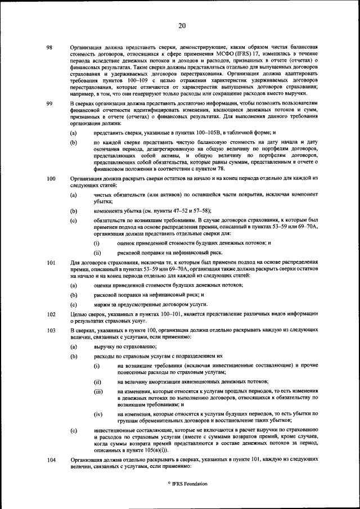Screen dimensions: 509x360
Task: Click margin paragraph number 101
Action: tap(51, 263)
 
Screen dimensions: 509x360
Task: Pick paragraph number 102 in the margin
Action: tap(51, 315)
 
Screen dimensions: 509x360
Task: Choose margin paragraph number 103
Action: tap(51, 331)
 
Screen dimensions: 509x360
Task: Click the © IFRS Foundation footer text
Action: tap(182, 484)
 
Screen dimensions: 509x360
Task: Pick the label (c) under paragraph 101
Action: tap(73, 304)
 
